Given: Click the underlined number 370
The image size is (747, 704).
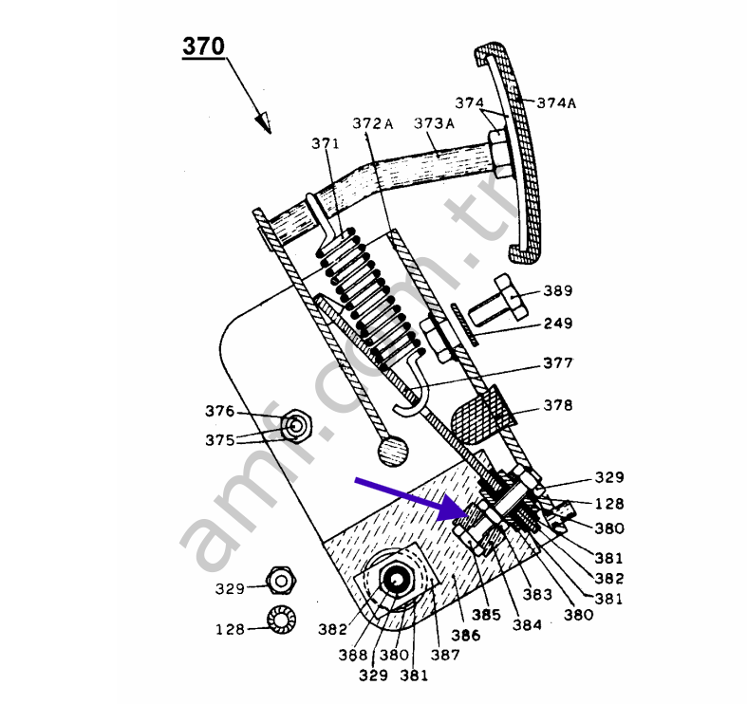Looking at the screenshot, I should [x=203, y=46].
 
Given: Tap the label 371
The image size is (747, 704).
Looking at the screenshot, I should [x=325, y=143].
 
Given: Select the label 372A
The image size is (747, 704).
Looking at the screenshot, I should [x=372, y=124].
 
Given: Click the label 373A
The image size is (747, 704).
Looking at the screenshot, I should [x=435, y=123].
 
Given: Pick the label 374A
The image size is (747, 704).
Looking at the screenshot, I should [x=556, y=103].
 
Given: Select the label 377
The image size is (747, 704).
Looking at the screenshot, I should [x=557, y=361].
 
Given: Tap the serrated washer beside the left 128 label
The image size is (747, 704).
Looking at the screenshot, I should [x=281, y=619].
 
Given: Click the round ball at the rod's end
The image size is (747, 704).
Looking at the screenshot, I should [x=391, y=450].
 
